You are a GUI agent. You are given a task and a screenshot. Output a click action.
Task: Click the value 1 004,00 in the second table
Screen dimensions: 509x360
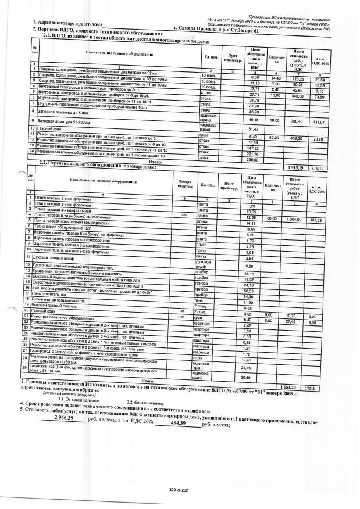298,220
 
